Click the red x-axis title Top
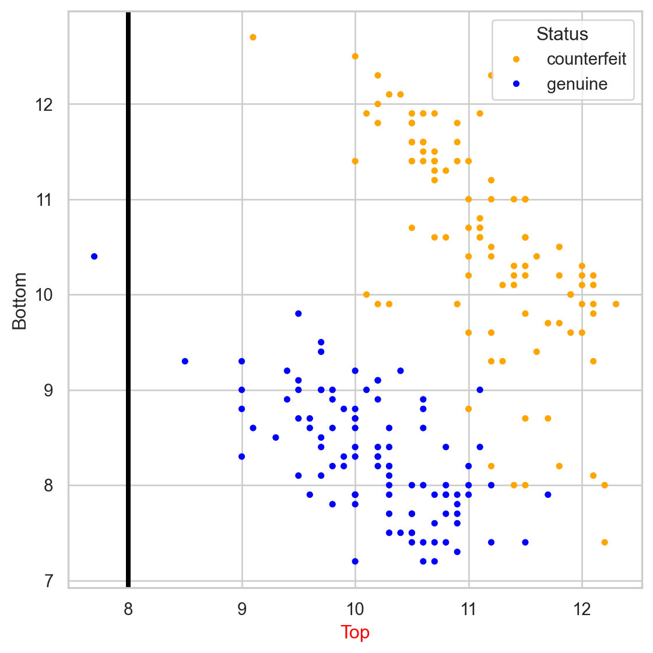point(355,632)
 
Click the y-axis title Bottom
point(20,301)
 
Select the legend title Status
point(562,34)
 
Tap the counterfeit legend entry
point(586,59)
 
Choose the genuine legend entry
point(577,85)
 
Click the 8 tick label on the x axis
point(128,610)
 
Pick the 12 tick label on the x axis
point(581,610)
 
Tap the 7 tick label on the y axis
point(49,581)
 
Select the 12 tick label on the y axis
point(45,104)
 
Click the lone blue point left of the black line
point(94,257)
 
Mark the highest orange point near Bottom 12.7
point(253,37)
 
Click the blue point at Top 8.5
point(185,361)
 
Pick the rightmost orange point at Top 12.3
point(616,304)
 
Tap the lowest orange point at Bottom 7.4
point(605,542)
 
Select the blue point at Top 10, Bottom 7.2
point(355,561)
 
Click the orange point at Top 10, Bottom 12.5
point(355,57)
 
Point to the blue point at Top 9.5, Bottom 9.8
point(299,314)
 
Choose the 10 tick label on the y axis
point(45,295)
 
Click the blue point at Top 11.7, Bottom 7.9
point(548,495)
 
